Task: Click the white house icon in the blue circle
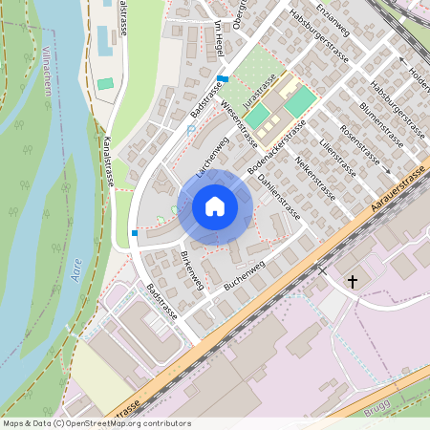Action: pyautogui.click(x=215, y=206)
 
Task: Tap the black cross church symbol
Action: pyautogui.click(x=353, y=281)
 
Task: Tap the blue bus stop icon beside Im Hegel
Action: pyautogui.click(x=223, y=78)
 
